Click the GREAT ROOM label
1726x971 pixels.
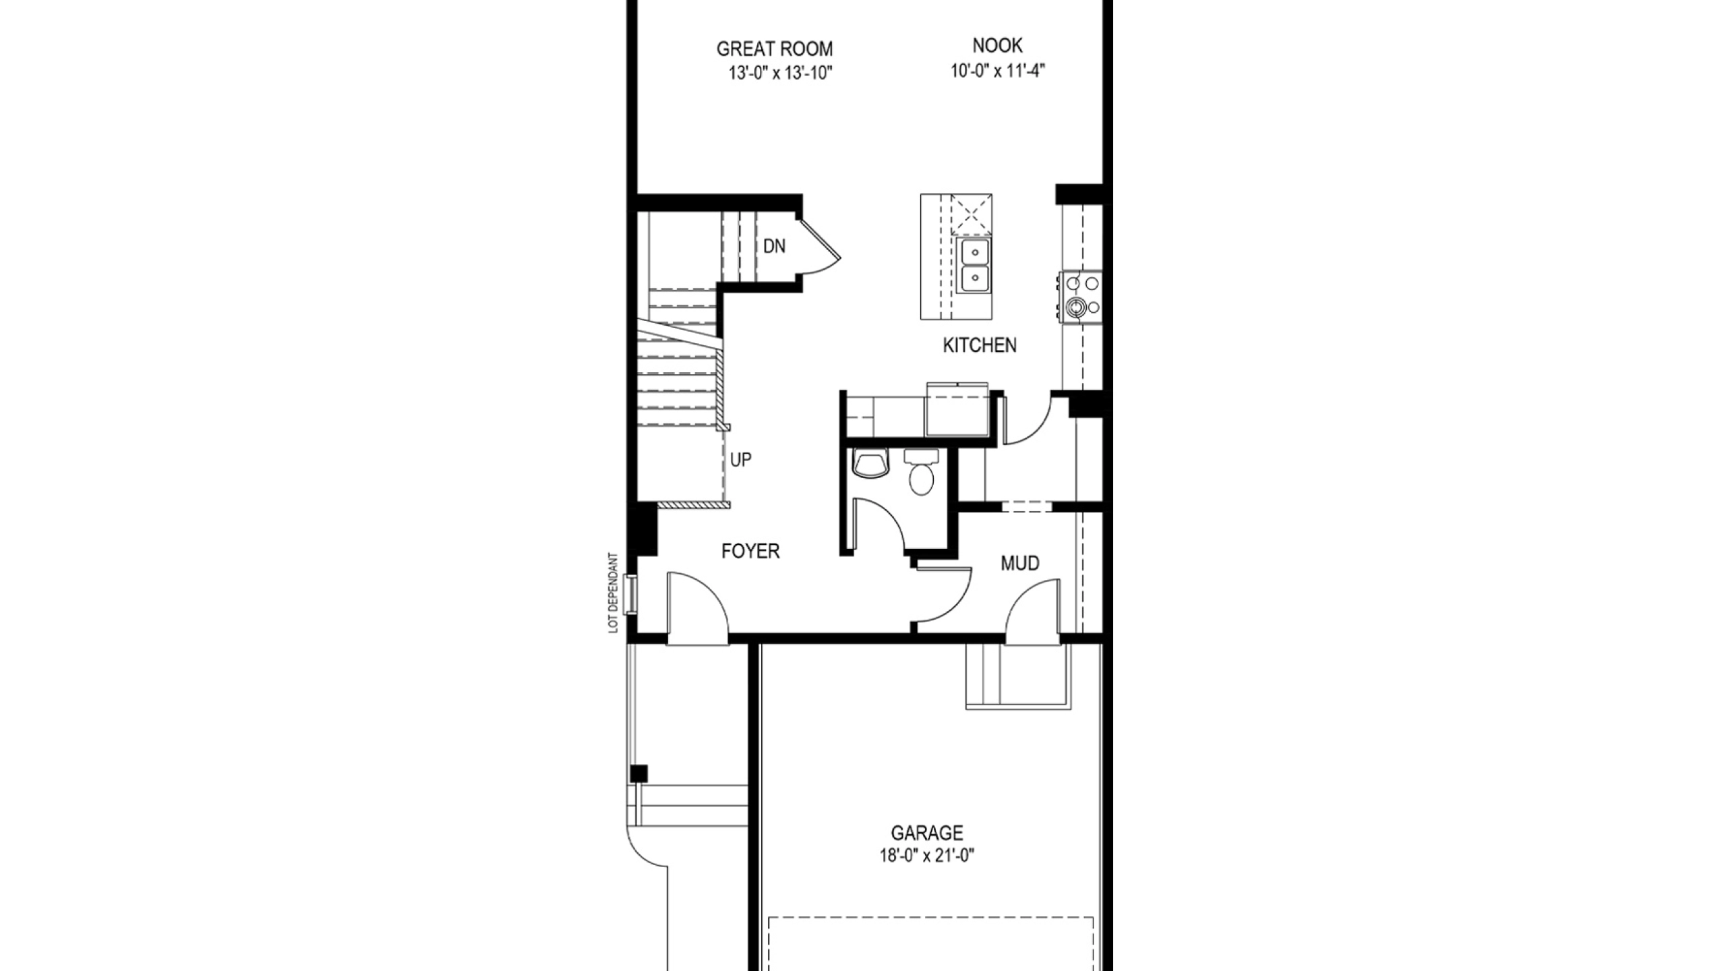pyautogui.click(x=774, y=49)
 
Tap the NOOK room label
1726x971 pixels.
pyautogui.click(x=997, y=46)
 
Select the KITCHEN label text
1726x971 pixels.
pyautogui.click(x=979, y=345)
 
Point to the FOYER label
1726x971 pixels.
pyautogui.click(x=750, y=552)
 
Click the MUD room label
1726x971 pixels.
pyautogui.click(x=1019, y=563)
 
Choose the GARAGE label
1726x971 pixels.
pyautogui.click(x=927, y=833)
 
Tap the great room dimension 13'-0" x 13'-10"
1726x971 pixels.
pyautogui.click(x=781, y=73)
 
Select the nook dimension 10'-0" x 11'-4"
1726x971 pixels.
pyautogui.click(x=998, y=70)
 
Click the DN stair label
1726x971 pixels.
pyautogui.click(x=774, y=247)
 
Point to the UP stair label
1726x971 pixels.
pyautogui.click(x=741, y=460)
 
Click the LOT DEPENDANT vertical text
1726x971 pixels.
pyautogui.click(x=613, y=593)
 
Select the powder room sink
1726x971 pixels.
pyautogui.click(x=870, y=464)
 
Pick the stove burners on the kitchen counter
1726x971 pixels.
pyautogui.click(x=1080, y=295)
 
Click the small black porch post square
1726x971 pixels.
pyautogui.click(x=638, y=773)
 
